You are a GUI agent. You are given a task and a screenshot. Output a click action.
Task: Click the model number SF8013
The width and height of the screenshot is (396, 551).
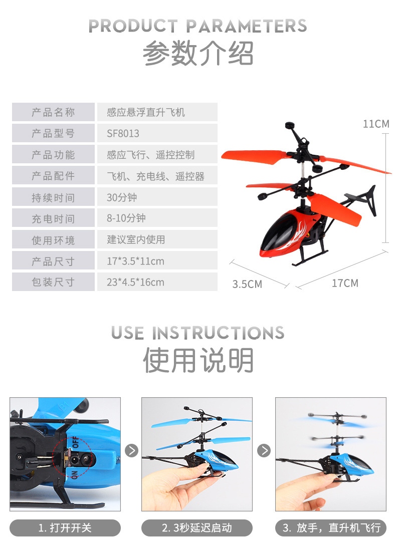123,134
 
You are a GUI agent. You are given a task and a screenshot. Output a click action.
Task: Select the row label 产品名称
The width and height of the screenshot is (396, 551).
53,112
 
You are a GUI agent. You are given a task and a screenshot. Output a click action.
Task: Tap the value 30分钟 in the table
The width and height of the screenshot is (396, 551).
122,197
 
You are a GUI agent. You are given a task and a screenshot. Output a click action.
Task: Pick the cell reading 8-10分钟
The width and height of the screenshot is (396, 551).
126,218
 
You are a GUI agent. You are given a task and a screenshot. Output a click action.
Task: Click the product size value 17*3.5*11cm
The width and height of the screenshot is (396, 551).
135,261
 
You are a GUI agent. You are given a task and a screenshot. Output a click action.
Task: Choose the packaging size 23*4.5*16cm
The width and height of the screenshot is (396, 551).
135,282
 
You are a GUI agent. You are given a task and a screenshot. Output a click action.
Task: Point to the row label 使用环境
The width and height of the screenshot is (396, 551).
53,240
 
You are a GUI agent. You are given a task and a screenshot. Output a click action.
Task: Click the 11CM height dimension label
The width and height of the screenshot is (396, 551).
376,124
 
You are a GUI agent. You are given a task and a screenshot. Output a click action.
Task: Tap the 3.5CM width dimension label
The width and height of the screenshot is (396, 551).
247,285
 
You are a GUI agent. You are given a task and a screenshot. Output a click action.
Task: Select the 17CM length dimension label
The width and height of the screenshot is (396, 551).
345,283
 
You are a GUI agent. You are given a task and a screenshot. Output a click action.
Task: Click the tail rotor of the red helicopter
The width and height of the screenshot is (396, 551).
366,199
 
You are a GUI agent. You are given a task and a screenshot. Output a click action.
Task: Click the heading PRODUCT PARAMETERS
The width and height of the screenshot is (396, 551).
197,26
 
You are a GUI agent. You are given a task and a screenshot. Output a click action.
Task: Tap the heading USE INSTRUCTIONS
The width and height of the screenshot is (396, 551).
197,333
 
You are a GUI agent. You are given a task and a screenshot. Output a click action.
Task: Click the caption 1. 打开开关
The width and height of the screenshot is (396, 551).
65,528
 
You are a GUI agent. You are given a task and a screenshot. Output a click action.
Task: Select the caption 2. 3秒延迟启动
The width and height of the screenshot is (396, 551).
197,528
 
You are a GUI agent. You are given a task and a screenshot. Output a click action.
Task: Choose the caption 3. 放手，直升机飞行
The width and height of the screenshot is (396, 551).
331,528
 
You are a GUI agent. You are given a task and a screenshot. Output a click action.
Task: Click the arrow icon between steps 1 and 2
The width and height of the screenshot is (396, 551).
131,450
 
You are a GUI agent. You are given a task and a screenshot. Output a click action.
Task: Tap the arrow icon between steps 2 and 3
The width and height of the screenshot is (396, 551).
264,450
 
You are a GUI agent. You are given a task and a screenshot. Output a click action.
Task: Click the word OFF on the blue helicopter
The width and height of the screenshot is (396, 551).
76,442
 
